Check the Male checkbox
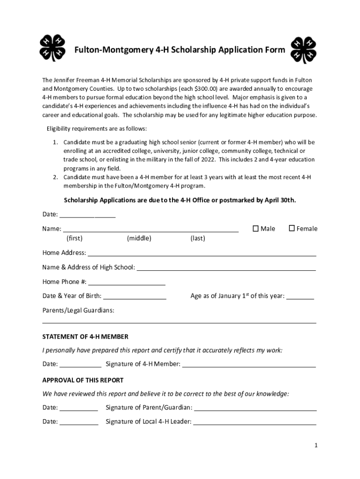(x=256, y=228)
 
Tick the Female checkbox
(x=292, y=228)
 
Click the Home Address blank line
(x=202, y=254)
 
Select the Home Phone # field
(x=127, y=282)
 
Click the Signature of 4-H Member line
(x=249, y=364)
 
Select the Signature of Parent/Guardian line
(x=255, y=408)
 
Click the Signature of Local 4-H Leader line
(x=255, y=422)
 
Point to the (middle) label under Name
(x=139, y=239)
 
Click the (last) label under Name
(x=198, y=239)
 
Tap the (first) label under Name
(x=74, y=239)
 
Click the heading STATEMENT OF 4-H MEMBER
(x=85, y=337)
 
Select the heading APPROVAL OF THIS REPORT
(x=83, y=380)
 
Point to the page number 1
(x=316, y=445)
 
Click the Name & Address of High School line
(x=226, y=268)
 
